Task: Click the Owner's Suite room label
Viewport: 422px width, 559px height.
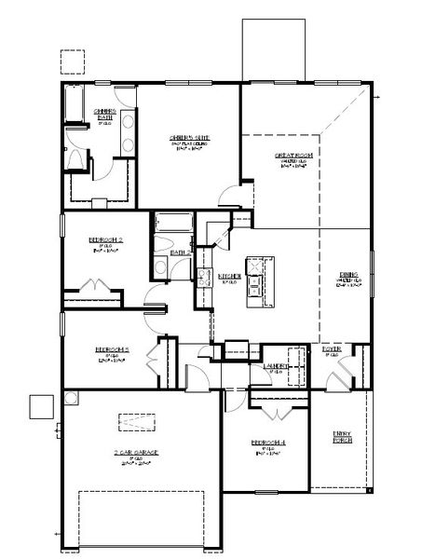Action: [188, 140]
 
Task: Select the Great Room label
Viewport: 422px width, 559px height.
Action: [292, 157]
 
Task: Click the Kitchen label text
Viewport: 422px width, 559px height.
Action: [229, 276]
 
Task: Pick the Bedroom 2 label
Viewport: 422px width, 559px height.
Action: [106, 239]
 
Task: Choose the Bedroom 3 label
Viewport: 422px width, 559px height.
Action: [111, 350]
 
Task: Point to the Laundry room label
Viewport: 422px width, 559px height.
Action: [275, 366]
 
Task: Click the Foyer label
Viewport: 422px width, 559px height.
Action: [331, 350]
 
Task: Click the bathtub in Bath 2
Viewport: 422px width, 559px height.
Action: [171, 224]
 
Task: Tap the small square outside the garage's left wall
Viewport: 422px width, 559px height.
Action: [41, 407]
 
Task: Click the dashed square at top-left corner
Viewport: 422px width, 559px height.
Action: [73, 61]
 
